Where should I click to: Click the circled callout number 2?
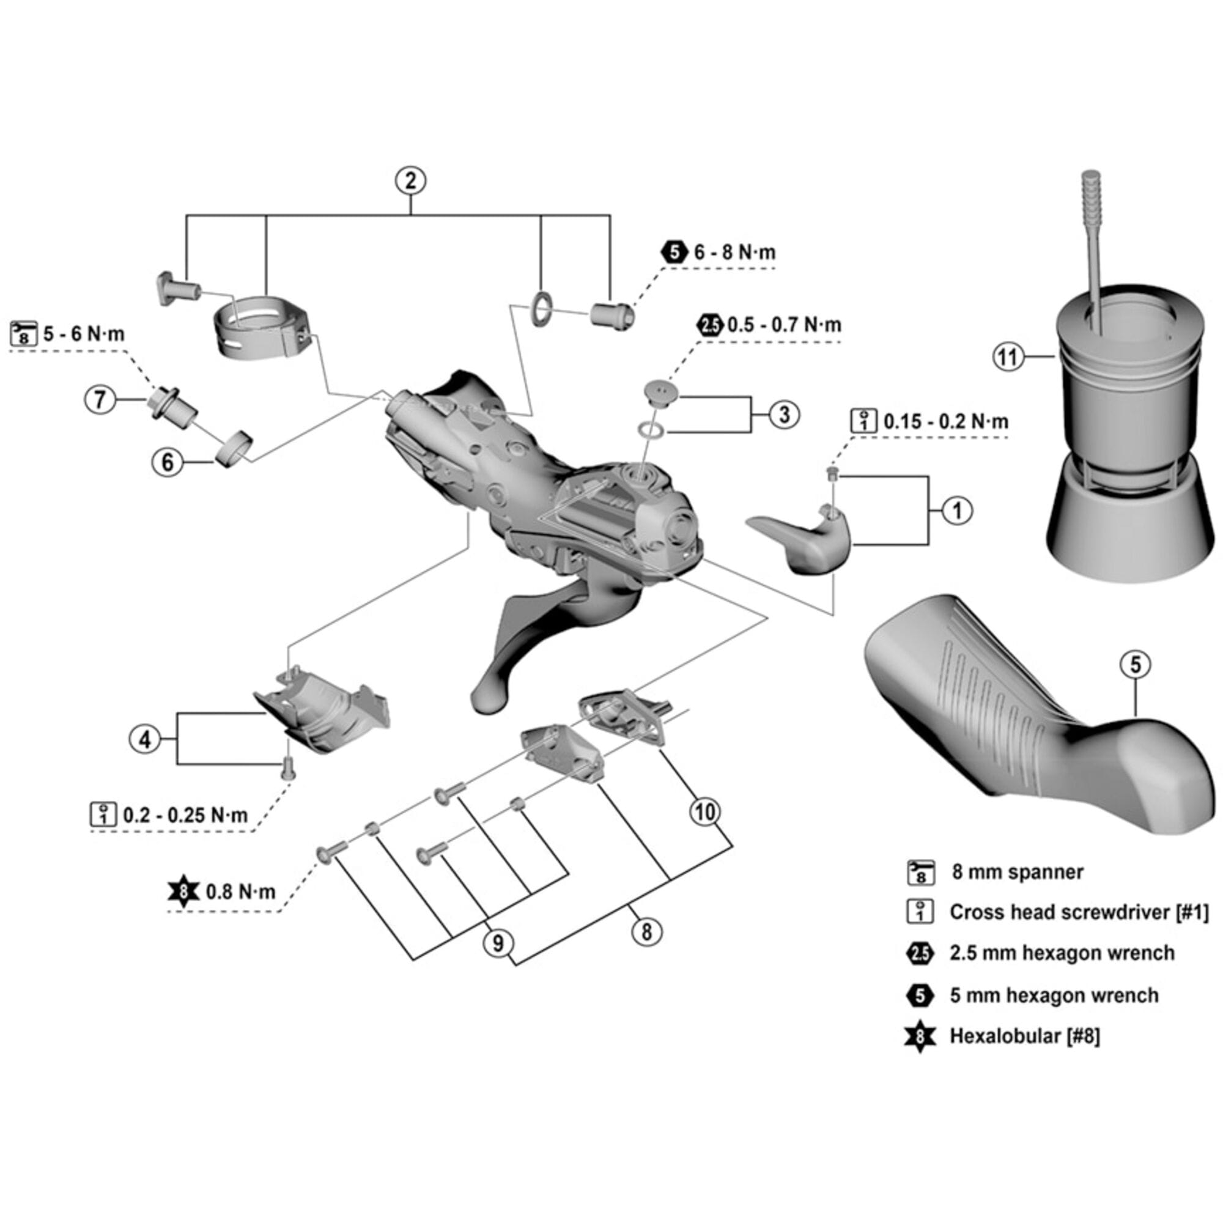coord(410,181)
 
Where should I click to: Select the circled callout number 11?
coord(1007,357)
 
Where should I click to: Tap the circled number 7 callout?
coord(100,400)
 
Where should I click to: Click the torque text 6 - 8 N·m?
coord(734,253)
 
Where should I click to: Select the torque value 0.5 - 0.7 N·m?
coord(784,325)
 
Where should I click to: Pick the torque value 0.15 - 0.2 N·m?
coord(945,421)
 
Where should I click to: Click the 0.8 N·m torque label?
coord(240,892)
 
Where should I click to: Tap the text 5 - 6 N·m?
coord(84,334)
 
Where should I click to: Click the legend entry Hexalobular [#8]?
coord(1024,1036)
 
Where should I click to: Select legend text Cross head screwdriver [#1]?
coord(1079,912)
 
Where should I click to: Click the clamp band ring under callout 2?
coord(261,326)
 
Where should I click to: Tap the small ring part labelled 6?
coord(234,448)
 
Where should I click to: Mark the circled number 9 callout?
coord(498,944)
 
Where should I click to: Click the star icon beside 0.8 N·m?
coord(183,892)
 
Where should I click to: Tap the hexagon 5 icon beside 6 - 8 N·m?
coord(675,252)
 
